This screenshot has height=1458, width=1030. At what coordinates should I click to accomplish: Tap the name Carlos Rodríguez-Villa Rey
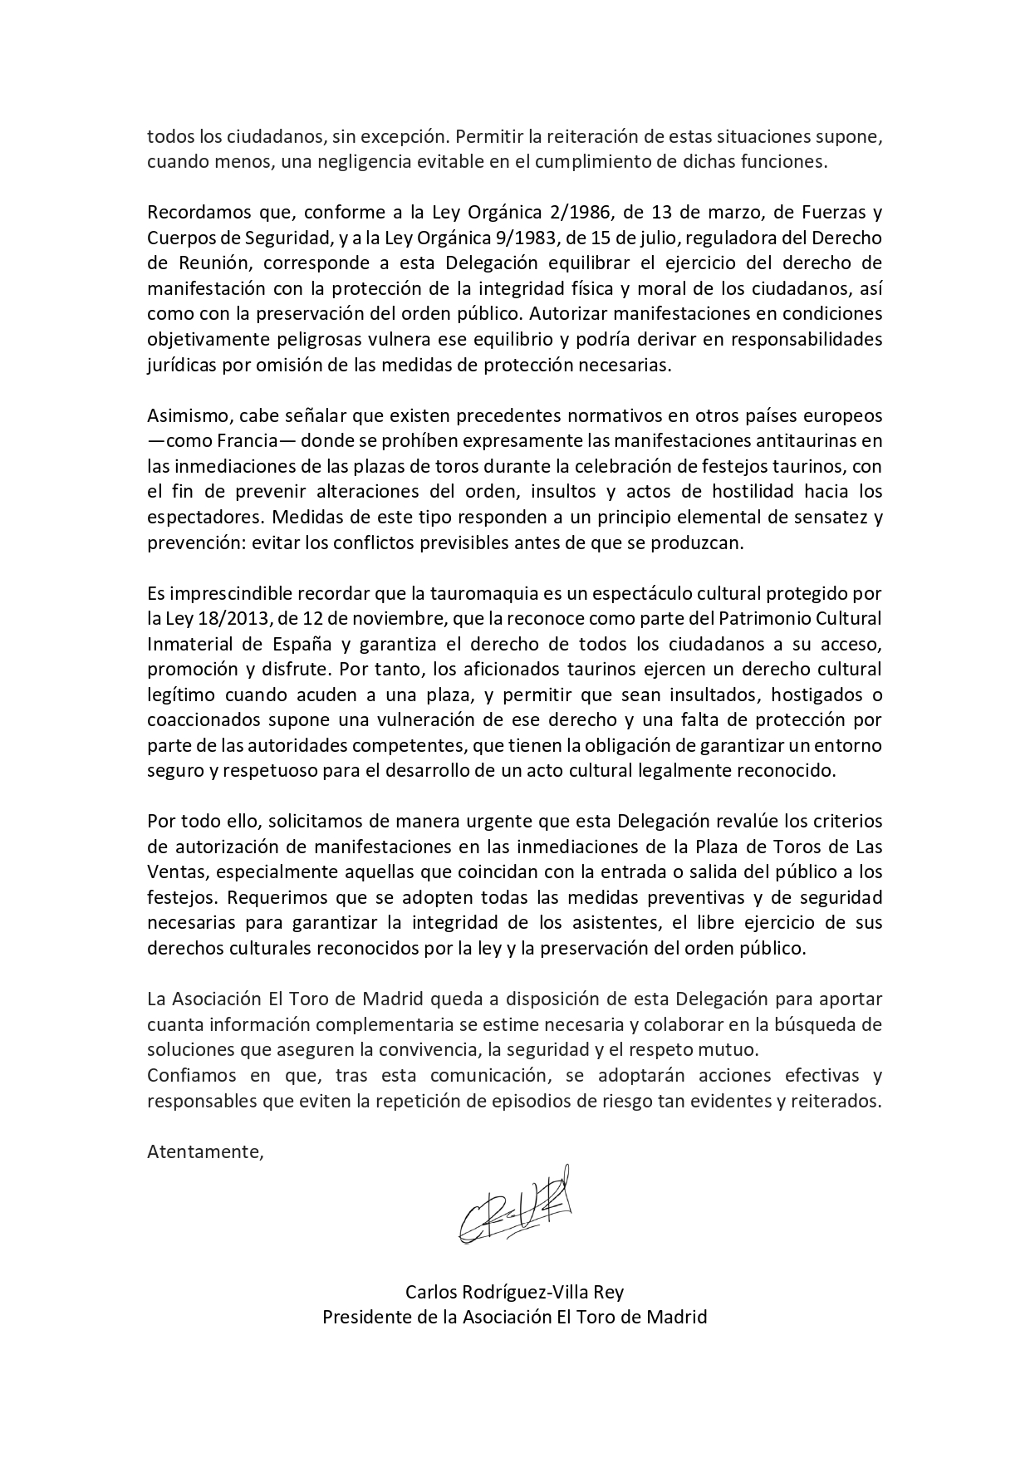tap(514, 1292)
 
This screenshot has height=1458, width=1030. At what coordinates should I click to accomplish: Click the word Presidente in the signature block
tap(362, 1317)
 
